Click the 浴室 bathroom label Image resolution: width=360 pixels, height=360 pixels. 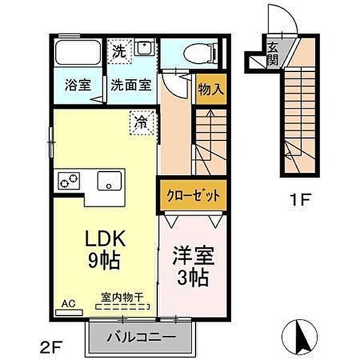(77, 85)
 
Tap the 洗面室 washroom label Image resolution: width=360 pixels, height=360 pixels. (130, 85)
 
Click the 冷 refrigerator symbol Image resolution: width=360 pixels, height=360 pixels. (142, 123)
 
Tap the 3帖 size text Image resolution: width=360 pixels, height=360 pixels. (192, 277)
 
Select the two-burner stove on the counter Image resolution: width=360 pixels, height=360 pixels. (68, 179)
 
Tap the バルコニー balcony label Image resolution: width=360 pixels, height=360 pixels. (142, 336)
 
